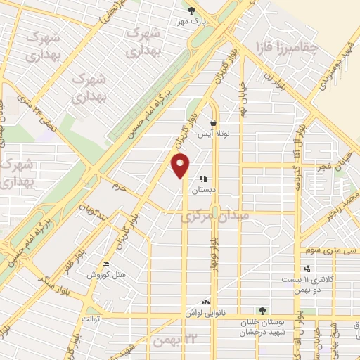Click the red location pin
pyautogui.click(x=181, y=166)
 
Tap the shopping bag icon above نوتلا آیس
pyautogui.click(x=213, y=122)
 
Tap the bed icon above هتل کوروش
pyautogui.click(x=106, y=264)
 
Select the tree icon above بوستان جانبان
pyautogui.click(x=263, y=310)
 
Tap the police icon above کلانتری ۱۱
pyautogui.click(x=307, y=268)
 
